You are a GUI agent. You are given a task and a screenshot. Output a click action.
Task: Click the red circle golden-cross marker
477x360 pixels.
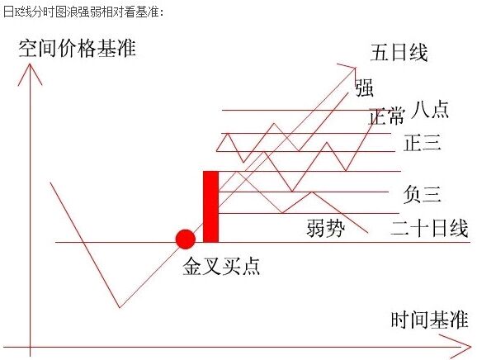[x=185, y=239]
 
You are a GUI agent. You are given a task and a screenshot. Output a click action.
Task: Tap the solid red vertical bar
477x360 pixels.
[x=210, y=206]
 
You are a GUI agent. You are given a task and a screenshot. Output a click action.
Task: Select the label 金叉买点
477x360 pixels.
[x=221, y=266]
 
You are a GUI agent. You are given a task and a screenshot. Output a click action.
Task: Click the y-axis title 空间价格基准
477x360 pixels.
[x=77, y=48]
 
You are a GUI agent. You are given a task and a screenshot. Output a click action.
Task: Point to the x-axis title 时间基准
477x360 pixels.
[x=429, y=320]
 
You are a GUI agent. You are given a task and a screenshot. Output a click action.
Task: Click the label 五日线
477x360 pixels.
[x=399, y=52]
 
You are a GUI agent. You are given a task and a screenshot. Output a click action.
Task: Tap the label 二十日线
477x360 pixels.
[x=429, y=228]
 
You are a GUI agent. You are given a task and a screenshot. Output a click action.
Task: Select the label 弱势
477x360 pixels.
[x=326, y=228]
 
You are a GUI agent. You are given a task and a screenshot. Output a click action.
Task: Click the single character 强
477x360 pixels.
[x=365, y=88]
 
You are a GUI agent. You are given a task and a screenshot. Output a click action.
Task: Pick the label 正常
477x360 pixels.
[x=386, y=116]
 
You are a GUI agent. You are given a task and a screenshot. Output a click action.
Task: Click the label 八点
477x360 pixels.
[x=430, y=109]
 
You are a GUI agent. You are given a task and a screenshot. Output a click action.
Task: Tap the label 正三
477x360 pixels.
[x=423, y=142]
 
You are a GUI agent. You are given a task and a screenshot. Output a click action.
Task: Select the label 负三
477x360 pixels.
[x=423, y=194]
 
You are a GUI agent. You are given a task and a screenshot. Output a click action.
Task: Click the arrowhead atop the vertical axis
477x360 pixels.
[x=30, y=64]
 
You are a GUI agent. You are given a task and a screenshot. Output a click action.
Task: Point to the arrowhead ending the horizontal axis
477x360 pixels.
[x=470, y=346]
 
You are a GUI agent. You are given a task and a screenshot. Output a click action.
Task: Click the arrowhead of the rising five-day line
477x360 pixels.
[x=355, y=69]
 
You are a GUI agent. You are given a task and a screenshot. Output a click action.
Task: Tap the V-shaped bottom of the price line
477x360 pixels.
[x=120, y=307]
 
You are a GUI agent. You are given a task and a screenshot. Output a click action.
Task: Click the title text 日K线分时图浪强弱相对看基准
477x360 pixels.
[x=83, y=12]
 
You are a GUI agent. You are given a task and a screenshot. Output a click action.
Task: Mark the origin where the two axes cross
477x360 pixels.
[x=30, y=347]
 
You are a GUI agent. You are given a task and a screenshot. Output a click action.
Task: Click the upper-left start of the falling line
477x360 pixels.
[x=50, y=183]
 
